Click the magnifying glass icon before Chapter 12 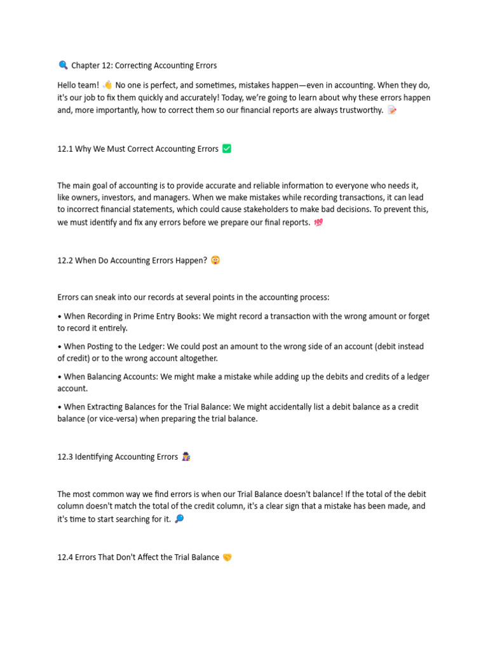click(63, 65)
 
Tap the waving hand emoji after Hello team click(107, 85)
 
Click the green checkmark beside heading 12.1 click(227, 149)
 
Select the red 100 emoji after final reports click(318, 222)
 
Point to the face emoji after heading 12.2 click(215, 260)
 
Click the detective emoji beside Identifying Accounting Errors click(186, 456)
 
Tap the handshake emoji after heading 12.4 click(227, 557)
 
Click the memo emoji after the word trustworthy click(392, 110)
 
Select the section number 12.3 click(65, 457)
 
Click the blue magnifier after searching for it click(179, 519)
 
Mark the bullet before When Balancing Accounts click(59, 377)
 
